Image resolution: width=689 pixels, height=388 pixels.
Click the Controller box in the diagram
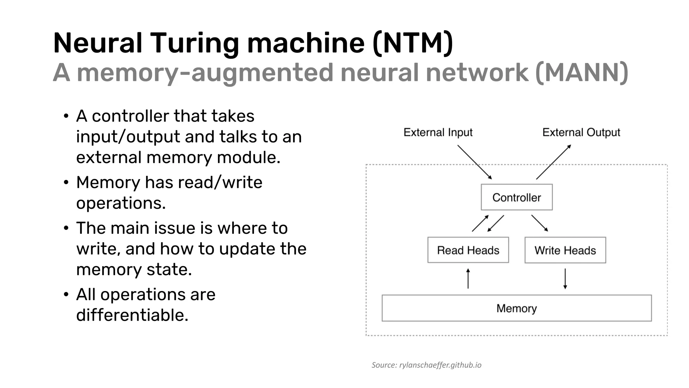(x=516, y=197)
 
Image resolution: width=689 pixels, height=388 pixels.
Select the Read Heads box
(x=468, y=250)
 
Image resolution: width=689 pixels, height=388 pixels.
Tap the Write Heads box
(x=565, y=250)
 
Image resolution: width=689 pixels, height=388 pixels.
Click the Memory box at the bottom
(x=516, y=308)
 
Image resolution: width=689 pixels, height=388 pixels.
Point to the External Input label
(x=438, y=132)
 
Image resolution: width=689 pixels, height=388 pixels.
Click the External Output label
(x=581, y=132)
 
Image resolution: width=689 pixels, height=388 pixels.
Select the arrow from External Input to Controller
(x=474, y=162)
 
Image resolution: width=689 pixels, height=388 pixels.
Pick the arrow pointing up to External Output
(x=553, y=162)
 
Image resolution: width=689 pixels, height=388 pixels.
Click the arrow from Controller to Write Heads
(x=540, y=223)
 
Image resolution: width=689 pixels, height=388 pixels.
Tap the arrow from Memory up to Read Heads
(x=468, y=279)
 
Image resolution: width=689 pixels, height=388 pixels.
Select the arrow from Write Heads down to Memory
(x=565, y=279)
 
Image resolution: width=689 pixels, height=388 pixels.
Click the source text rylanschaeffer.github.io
(x=440, y=365)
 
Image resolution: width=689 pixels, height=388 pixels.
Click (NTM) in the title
(x=413, y=43)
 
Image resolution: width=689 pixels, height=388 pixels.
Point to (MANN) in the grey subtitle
(x=581, y=72)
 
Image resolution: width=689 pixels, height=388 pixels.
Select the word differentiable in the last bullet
(x=132, y=315)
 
